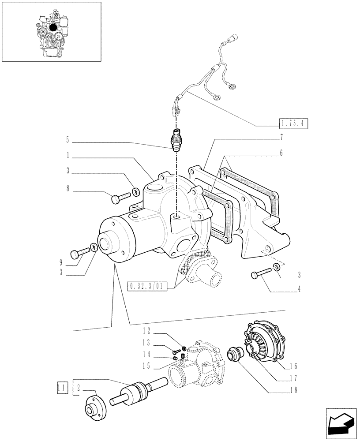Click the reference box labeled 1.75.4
point(292,123)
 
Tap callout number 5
point(67,141)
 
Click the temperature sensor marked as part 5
point(178,140)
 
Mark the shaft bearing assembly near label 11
point(136,391)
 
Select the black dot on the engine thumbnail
point(53,27)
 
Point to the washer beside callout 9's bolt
point(94,247)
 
